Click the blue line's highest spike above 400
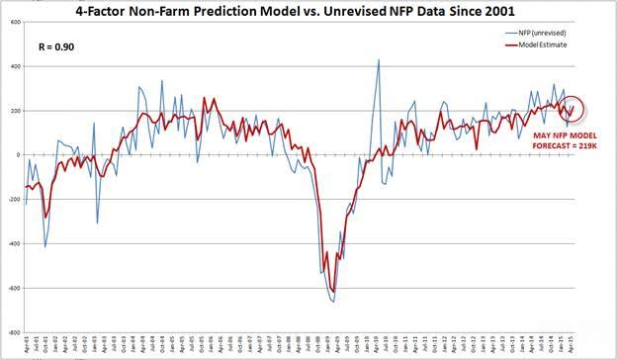[x=379, y=59]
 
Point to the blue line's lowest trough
[x=332, y=302]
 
